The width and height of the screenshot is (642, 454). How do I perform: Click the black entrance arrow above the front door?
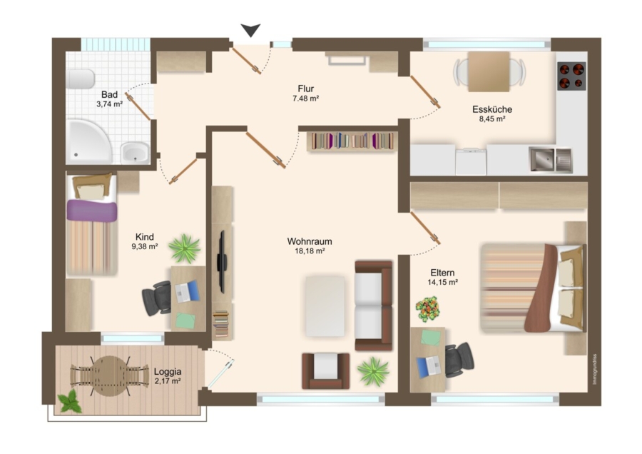250,30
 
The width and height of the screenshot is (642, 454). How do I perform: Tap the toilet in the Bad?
80,79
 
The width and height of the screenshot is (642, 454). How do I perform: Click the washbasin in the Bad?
135,153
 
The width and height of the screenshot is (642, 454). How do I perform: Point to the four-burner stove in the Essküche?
571,76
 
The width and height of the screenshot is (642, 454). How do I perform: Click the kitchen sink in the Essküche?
551,159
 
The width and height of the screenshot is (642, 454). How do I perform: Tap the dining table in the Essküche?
489,71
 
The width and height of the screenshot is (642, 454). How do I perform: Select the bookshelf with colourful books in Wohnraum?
352,141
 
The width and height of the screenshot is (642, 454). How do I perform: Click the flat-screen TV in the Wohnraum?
222,261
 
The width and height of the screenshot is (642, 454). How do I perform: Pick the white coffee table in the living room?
325,306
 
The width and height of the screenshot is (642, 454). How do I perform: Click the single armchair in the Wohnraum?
326,370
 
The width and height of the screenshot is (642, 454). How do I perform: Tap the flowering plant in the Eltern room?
428,309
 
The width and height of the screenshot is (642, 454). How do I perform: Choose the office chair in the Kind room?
157,298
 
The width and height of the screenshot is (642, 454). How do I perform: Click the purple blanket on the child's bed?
92,211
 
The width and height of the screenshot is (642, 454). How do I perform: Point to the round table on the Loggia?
109,375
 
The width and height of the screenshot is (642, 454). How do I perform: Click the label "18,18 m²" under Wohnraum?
310,251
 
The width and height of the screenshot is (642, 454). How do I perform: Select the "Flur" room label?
306,89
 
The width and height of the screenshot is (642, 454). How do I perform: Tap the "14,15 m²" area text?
442,282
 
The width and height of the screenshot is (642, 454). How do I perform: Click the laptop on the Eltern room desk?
429,365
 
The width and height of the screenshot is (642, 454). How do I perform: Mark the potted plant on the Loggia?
70,401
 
